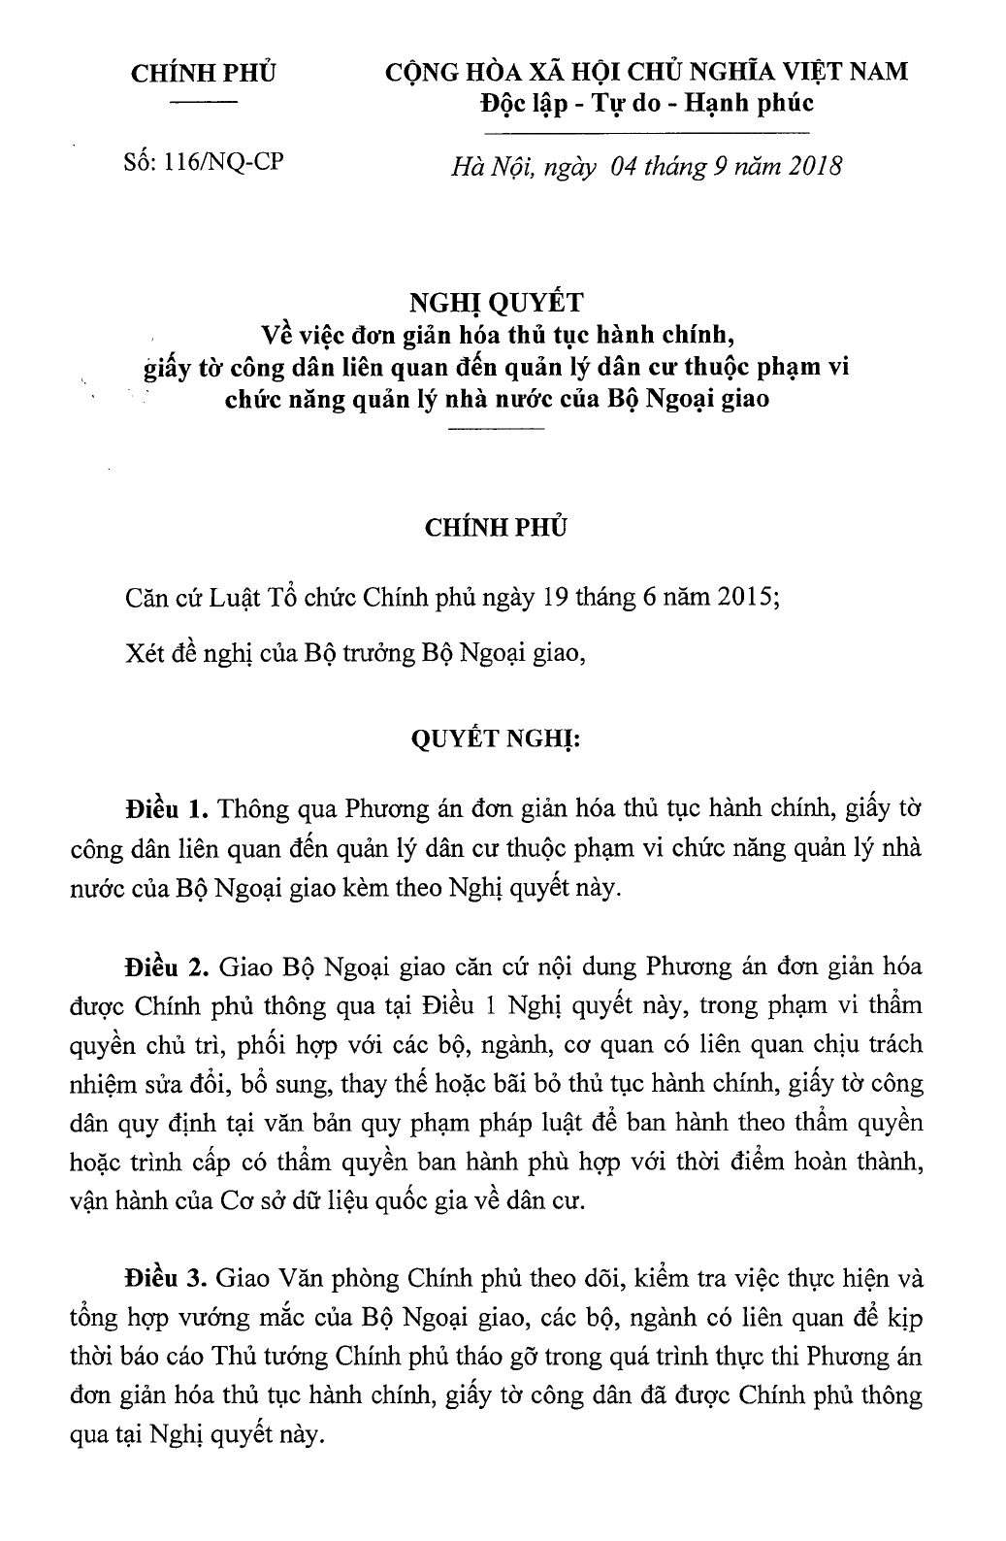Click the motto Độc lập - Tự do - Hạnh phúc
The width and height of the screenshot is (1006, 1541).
tap(647, 105)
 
